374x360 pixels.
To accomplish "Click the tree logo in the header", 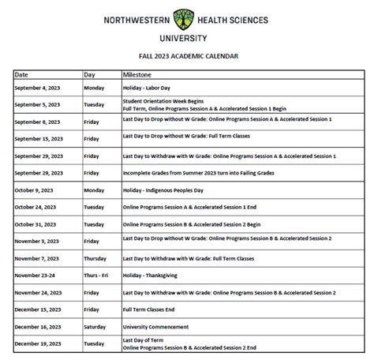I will pos(186,19).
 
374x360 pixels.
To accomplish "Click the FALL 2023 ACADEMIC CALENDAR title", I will pos(187,56).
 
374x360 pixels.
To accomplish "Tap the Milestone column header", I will pos(137,73).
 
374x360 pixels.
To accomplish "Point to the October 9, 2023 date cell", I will pos(36,190).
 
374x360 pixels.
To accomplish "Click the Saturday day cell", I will pos(95,326).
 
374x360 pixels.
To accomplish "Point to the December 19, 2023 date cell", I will pos(39,343).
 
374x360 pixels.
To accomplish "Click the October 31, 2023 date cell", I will pos(37,224).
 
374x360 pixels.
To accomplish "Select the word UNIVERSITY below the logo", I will pos(187,37).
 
